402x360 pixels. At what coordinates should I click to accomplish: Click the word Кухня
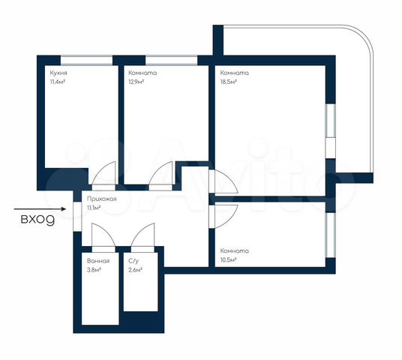[58, 73]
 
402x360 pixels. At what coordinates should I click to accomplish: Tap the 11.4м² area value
[58, 82]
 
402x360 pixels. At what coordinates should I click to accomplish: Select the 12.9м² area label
[136, 82]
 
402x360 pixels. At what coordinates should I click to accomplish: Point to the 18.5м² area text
[228, 82]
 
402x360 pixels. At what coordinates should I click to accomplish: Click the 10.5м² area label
[228, 260]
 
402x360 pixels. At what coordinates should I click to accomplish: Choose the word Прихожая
[102, 199]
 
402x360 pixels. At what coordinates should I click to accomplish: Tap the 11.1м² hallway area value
[94, 208]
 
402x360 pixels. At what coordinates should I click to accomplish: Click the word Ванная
[98, 261]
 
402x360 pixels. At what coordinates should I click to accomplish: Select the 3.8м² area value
[94, 270]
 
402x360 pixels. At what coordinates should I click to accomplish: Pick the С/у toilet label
[133, 261]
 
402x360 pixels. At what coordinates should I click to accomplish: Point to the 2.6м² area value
[135, 270]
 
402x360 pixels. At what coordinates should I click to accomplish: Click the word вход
[37, 220]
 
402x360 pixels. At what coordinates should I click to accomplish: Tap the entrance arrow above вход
[40, 209]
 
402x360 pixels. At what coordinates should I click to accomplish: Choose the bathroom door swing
[107, 230]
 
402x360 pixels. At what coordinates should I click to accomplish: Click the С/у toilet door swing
[140, 231]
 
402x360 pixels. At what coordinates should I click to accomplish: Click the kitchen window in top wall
[87, 60]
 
